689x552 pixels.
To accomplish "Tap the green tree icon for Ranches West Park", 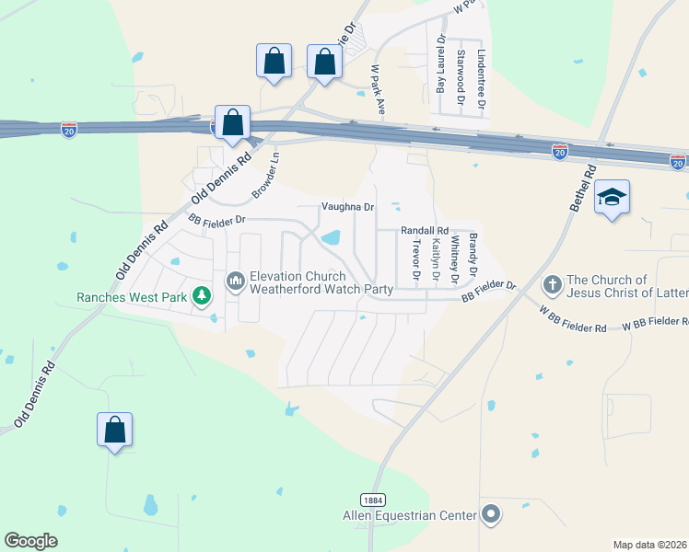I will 202,296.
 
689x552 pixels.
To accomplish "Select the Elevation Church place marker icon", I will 236,278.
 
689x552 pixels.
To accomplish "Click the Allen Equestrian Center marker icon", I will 491,514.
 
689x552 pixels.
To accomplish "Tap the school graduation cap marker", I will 612,197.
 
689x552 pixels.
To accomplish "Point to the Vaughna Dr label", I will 348,208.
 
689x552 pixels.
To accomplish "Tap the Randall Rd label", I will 424,231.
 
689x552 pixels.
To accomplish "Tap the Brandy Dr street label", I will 473,257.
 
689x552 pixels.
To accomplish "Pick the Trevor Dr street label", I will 416,259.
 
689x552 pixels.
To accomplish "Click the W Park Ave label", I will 376,88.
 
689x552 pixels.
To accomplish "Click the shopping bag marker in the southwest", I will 115,431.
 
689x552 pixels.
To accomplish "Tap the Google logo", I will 30,541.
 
